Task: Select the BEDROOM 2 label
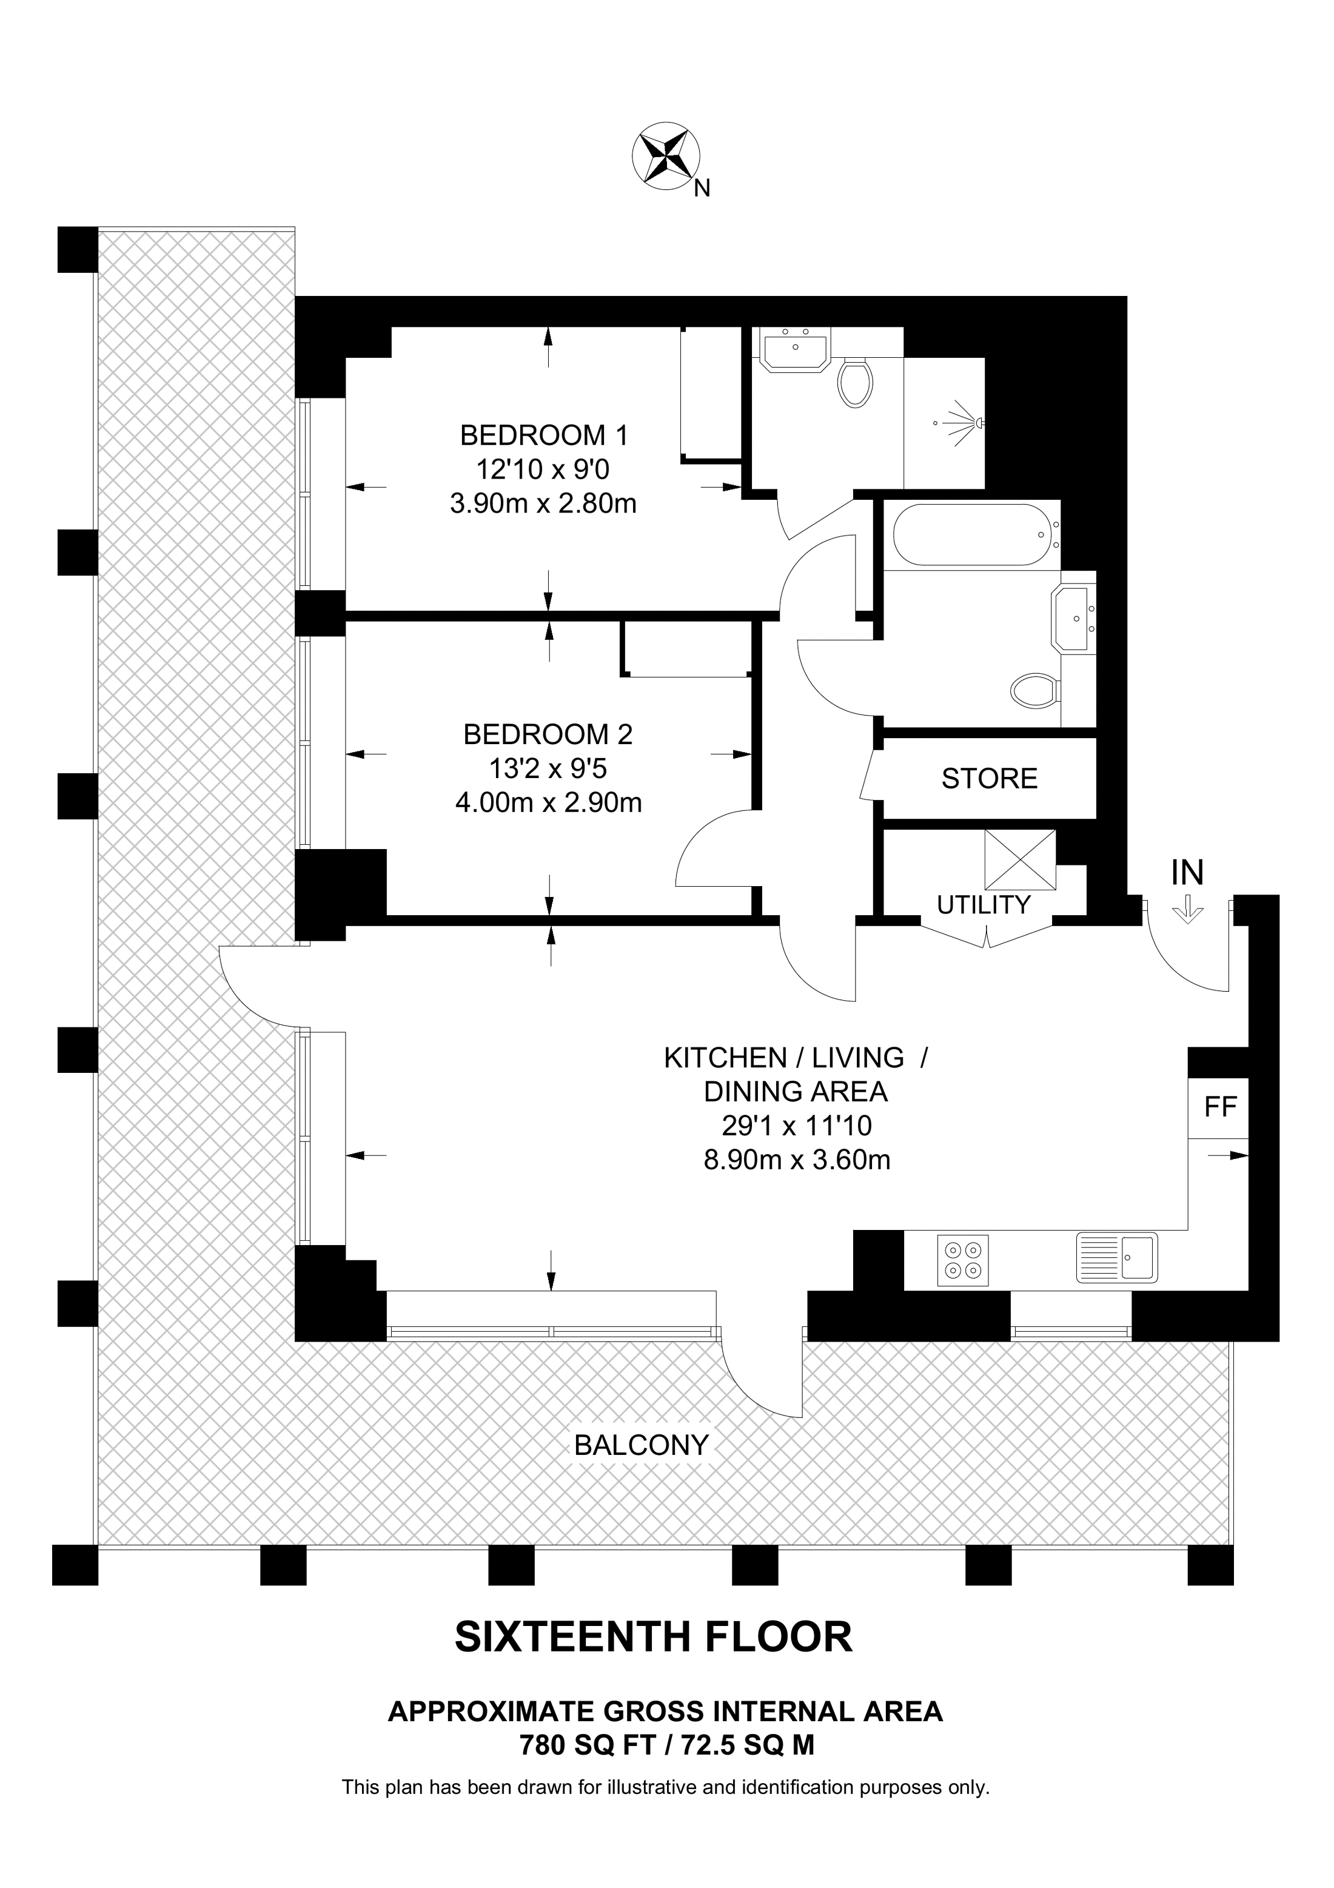pos(548,734)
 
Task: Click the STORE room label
pos(990,779)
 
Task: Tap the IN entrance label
pos(1188,873)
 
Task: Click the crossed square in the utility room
pos(1020,860)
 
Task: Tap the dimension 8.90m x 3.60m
pos(797,1160)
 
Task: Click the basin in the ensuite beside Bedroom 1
pos(795,351)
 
